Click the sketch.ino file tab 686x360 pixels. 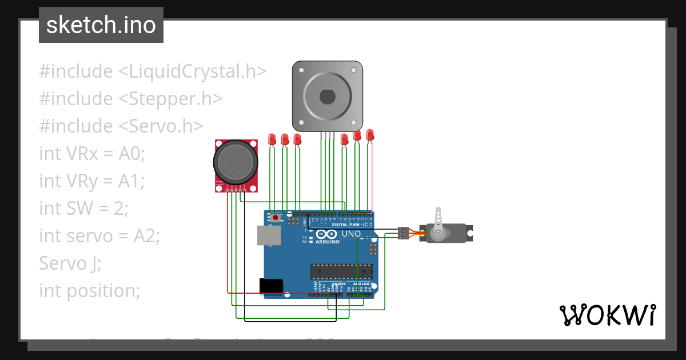point(101,25)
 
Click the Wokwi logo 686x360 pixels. point(607,315)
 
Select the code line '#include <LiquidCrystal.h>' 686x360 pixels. point(153,71)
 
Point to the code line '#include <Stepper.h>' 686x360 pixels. point(130,99)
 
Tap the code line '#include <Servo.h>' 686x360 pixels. point(121,126)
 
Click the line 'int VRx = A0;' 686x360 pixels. point(93,154)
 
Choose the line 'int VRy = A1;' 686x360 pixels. point(92,181)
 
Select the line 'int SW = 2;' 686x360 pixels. point(84,209)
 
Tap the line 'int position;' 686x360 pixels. point(90,290)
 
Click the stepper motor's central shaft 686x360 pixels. point(328,97)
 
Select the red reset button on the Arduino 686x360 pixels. point(277,218)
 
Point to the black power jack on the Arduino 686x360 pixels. point(271,285)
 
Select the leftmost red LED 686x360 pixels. point(272,138)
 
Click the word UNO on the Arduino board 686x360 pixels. point(351,234)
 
